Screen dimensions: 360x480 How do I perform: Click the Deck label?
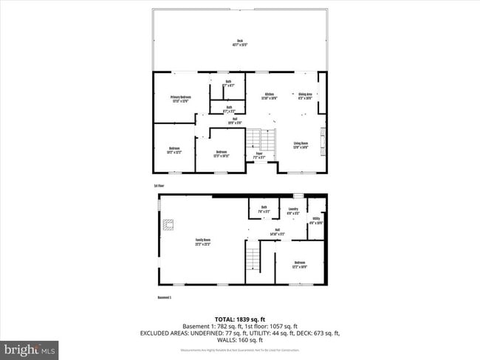(240, 42)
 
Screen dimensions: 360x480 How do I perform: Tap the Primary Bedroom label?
(180, 99)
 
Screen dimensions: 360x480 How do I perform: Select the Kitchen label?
(270, 96)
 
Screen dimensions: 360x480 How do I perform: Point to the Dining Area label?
(305, 96)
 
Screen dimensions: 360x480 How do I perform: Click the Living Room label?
(301, 145)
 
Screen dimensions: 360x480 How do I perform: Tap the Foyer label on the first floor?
(258, 156)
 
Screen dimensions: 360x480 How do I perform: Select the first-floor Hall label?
(234, 121)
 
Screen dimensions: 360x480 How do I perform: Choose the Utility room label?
(316, 220)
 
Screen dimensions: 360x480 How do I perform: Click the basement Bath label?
(264, 209)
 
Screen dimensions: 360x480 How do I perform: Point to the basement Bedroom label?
(300, 264)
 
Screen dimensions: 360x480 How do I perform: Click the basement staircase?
(253, 258)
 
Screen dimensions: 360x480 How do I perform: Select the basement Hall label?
(278, 231)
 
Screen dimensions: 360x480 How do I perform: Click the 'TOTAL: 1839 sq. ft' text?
(240, 319)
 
